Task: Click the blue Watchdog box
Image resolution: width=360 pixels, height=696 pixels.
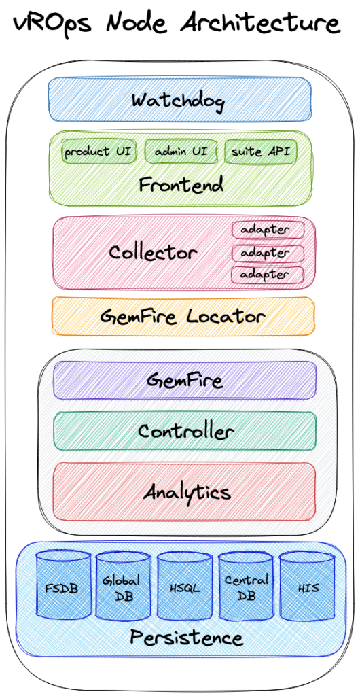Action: (x=179, y=99)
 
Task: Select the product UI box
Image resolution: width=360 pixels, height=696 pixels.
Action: (x=98, y=152)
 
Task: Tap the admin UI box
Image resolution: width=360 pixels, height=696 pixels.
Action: (x=181, y=152)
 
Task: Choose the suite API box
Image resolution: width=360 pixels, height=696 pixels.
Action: (x=261, y=152)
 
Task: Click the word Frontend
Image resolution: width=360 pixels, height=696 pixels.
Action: (x=181, y=185)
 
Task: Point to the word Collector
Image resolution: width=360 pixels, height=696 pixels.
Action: (x=153, y=253)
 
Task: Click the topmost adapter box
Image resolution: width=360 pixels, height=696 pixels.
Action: (x=268, y=230)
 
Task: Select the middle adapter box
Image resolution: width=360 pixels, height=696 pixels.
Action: (x=268, y=253)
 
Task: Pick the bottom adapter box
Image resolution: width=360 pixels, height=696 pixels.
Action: (x=268, y=275)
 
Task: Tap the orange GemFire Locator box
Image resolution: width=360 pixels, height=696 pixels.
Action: (x=183, y=316)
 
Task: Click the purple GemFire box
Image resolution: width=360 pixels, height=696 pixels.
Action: (x=185, y=380)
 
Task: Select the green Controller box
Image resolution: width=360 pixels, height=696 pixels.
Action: (x=185, y=431)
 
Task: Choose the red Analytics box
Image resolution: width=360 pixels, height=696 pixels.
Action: (x=185, y=491)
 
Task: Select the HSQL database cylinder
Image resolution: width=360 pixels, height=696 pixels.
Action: (x=185, y=586)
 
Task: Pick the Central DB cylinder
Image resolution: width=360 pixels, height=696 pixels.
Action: (x=246, y=586)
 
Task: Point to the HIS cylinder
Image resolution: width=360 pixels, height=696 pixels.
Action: (x=307, y=585)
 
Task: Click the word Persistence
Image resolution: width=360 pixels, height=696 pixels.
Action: (x=187, y=638)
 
